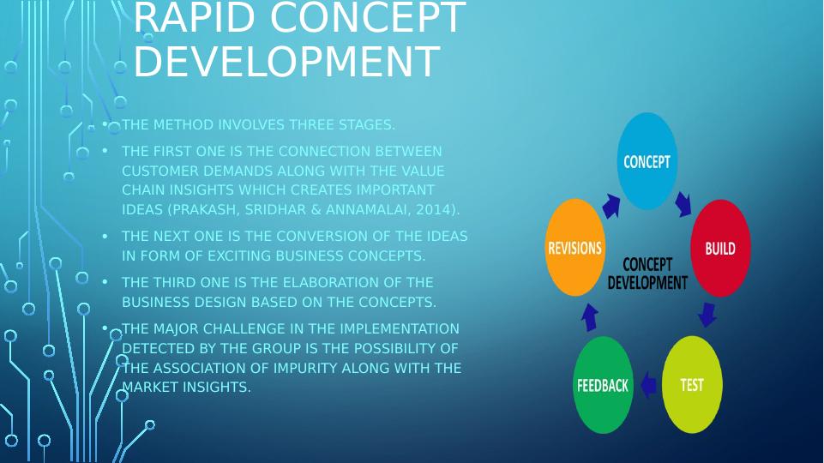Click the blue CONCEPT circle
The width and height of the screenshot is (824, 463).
(647, 161)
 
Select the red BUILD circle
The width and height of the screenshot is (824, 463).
(720, 249)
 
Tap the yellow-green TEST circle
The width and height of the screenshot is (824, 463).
(692, 385)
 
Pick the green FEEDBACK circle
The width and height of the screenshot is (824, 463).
(603, 385)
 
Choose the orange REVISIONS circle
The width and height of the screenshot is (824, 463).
(574, 248)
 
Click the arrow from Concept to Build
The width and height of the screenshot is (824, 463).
(683, 203)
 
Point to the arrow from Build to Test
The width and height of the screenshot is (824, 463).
(707, 314)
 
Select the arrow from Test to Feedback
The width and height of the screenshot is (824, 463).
(648, 385)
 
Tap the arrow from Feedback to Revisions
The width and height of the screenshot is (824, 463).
(589, 317)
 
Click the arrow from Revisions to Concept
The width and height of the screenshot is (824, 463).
(610, 206)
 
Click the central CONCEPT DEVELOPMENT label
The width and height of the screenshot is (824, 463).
(647, 274)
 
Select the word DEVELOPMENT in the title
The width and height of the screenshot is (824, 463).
(286, 62)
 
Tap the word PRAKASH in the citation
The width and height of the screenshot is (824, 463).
(206, 209)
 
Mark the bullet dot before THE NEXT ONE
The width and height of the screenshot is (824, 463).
(105, 236)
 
